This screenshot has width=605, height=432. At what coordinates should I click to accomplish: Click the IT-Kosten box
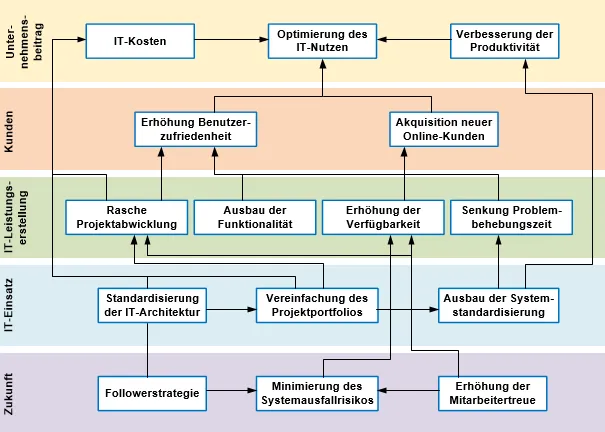click(140, 42)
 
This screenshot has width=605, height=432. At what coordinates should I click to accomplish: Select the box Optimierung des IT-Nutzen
click(322, 42)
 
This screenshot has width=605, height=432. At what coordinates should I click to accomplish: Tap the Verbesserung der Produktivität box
click(504, 42)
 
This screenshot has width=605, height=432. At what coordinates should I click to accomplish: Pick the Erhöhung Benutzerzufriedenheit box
click(196, 129)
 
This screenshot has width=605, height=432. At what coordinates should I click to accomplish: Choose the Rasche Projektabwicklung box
click(126, 217)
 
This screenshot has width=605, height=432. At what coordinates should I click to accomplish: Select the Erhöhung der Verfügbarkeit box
click(383, 217)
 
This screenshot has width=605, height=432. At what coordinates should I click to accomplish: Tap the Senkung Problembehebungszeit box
click(507, 217)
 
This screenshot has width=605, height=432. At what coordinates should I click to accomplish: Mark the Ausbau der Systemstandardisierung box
click(497, 305)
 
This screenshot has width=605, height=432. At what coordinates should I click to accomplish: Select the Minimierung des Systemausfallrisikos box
click(316, 393)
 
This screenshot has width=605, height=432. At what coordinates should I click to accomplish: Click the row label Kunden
click(11, 129)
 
